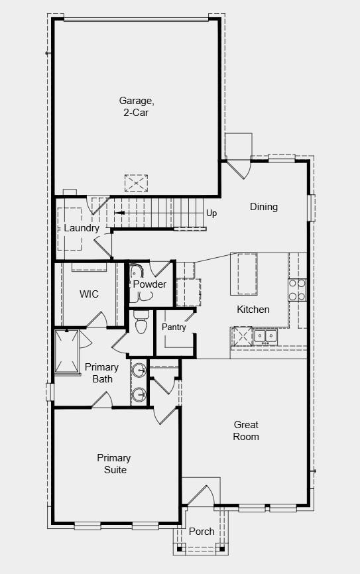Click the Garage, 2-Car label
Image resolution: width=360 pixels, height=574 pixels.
pos(137,107)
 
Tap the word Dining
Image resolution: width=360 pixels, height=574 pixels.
pos(263,207)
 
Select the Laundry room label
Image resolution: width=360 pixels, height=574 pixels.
pos(82,228)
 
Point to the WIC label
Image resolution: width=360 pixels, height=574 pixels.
pos(89,294)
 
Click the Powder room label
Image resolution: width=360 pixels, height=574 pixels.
pos(150,284)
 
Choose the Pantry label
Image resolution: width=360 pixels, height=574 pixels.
pos(174,327)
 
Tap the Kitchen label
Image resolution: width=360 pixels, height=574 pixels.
pos(253,310)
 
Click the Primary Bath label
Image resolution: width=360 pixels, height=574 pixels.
pos(102,373)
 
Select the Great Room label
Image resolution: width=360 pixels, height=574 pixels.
pos(246,431)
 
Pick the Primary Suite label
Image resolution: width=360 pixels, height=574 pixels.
pos(113,464)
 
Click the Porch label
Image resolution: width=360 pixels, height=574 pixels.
pos(202,532)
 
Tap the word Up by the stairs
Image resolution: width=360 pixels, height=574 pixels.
pos(211,213)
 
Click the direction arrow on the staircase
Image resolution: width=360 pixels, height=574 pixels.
pos(119,213)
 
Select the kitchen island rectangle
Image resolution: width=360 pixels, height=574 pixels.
pos(243,274)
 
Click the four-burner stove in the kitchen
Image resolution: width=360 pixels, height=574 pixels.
pos(297,289)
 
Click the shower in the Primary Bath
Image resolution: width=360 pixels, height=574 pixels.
pos(66,351)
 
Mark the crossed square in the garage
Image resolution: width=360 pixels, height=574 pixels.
pos(136,183)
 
